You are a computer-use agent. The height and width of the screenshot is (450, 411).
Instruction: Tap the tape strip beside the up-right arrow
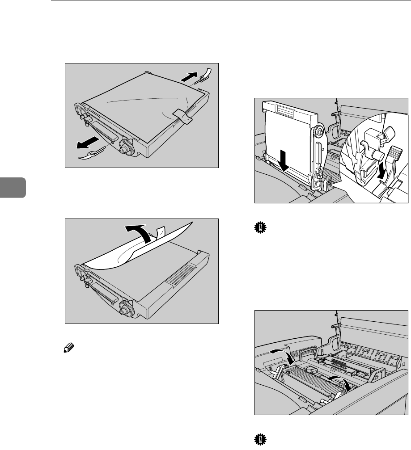204,74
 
